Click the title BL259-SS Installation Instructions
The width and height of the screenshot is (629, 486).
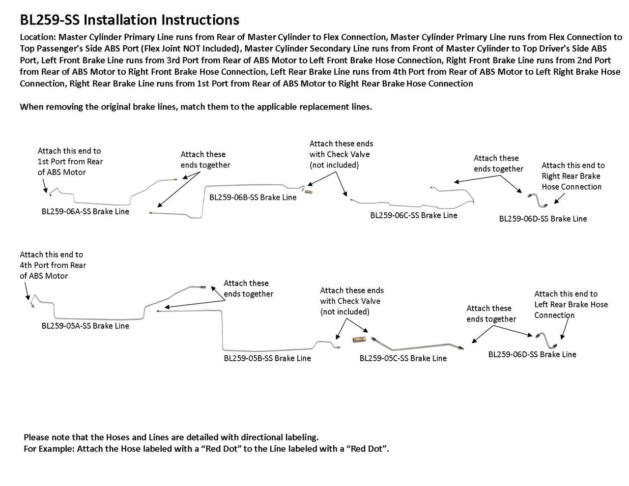click(x=129, y=20)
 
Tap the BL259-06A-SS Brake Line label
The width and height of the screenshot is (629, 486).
click(x=85, y=211)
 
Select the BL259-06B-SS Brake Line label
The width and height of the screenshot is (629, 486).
click(x=253, y=197)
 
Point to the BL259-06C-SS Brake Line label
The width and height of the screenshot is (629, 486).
click(x=413, y=215)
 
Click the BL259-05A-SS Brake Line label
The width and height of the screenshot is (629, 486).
click(x=85, y=325)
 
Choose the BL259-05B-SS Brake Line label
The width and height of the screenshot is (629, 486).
click(x=267, y=358)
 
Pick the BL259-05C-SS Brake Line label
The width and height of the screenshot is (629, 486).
click(x=403, y=358)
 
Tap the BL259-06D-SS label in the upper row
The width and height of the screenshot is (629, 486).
click(x=543, y=219)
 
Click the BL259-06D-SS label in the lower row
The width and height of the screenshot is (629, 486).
click(x=532, y=354)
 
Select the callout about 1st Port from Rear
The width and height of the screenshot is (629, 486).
click(x=70, y=161)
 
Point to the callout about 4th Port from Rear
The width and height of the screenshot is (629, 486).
click(x=53, y=265)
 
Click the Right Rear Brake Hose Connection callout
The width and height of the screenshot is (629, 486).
click(x=572, y=176)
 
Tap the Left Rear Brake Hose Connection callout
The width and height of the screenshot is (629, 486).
click(x=571, y=304)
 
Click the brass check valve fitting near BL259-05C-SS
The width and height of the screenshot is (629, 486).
click(x=357, y=340)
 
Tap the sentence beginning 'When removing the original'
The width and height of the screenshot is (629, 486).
click(x=196, y=107)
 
